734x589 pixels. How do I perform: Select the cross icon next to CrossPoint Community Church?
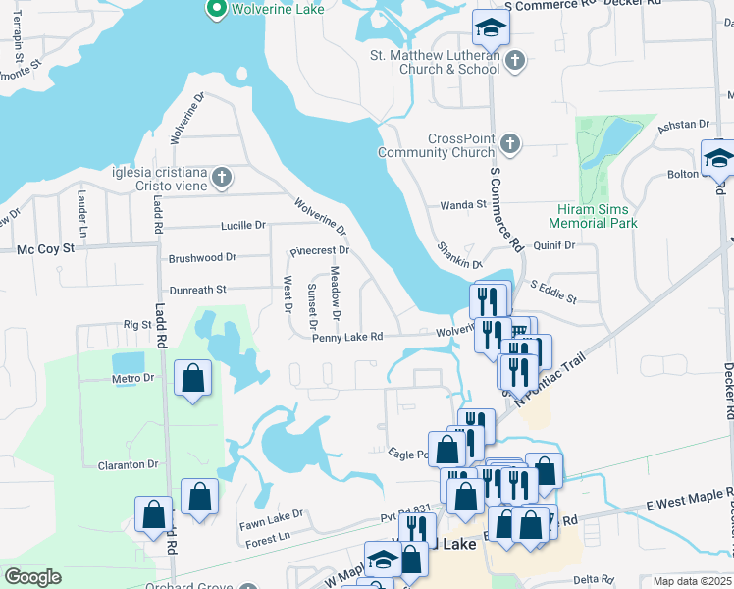point(509,145)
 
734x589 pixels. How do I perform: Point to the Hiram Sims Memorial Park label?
point(597,216)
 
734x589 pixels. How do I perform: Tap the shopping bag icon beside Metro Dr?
point(193,378)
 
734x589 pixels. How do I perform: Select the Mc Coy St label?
point(46,249)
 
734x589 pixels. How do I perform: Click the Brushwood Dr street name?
point(202,257)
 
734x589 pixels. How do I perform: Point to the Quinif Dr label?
point(553,245)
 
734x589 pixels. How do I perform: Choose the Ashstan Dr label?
point(683,125)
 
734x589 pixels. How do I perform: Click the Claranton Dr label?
point(129,464)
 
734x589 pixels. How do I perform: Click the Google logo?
point(32,577)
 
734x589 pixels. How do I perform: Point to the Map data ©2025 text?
point(692,581)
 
